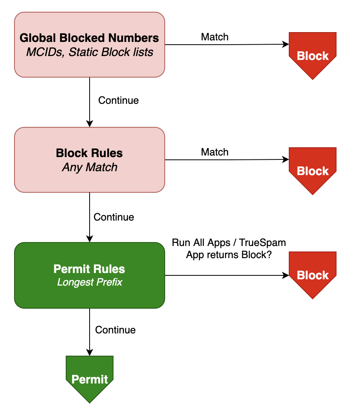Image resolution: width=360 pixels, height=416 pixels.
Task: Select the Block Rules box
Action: (89, 159)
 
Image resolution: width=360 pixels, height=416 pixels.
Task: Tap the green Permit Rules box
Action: (89, 275)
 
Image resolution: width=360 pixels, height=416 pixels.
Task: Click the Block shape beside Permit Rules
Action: (312, 274)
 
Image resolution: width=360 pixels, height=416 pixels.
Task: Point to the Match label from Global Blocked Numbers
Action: (214, 37)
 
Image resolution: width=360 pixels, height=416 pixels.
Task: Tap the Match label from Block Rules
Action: (214, 152)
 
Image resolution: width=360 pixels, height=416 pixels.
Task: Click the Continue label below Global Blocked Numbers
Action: (118, 101)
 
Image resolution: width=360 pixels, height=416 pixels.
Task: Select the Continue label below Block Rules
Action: (113, 217)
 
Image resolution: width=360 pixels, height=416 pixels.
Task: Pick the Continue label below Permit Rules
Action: (115, 330)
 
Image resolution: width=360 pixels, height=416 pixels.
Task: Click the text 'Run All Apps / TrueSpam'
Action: (229, 243)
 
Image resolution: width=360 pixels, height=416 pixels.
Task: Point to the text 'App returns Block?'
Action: (229, 255)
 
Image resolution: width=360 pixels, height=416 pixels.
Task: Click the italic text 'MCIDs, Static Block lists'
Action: (90, 52)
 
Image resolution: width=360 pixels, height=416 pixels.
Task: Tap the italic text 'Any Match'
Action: (90, 168)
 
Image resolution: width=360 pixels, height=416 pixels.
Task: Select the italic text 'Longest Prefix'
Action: (90, 282)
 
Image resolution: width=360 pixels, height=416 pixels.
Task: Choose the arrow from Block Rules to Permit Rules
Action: (90, 217)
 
